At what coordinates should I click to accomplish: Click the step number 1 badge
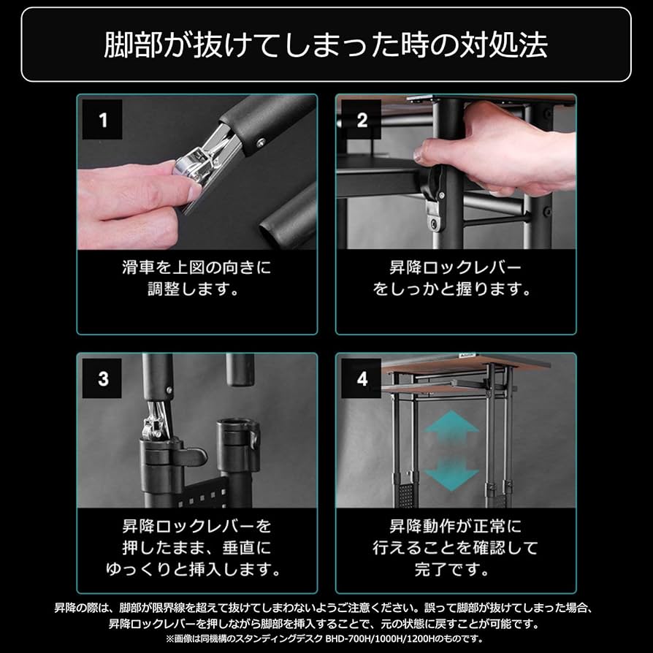(x=103, y=120)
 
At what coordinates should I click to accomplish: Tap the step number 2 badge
(x=362, y=120)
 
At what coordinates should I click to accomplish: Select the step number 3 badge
(x=103, y=379)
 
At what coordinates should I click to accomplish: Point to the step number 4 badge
(x=362, y=379)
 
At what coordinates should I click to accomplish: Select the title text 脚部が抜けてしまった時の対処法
(x=326, y=45)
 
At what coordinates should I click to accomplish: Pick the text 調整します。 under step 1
(x=196, y=289)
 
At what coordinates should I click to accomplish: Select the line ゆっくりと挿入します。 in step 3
(x=196, y=568)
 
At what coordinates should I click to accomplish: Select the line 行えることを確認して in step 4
(x=455, y=547)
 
